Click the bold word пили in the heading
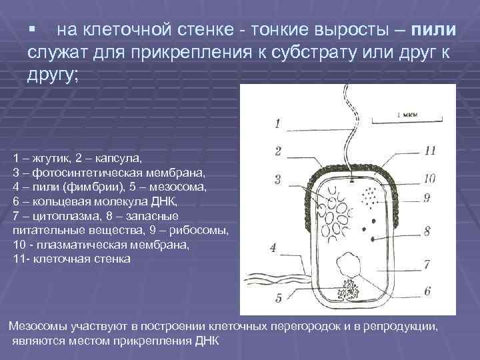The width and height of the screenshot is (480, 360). coord(434,31)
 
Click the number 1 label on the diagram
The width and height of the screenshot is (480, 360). coord(277,123)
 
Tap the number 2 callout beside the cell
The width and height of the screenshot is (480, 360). coord(278,151)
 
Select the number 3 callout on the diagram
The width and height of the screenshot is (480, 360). coord(277,179)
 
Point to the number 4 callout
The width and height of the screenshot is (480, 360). coord(273,247)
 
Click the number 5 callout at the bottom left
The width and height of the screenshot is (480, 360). coord(278,297)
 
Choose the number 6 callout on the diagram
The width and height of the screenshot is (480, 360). coord(427,291)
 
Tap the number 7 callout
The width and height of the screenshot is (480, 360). coord(427,264)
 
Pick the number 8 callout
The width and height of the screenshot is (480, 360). coord(427,231)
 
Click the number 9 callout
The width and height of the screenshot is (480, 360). coord(427,198)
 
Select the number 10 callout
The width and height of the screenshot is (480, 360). coord(429,178)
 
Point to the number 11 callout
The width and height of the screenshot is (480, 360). coord(429,151)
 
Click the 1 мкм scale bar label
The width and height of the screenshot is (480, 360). coord(407,114)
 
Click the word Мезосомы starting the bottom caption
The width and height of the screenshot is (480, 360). coord(37,327)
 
